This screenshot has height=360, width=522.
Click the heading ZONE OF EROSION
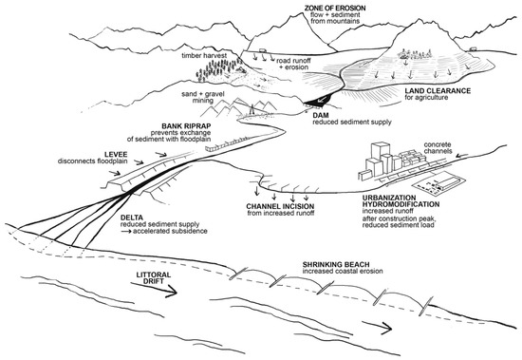(x=318, y=8)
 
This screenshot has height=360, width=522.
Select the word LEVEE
(x=54, y=148)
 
